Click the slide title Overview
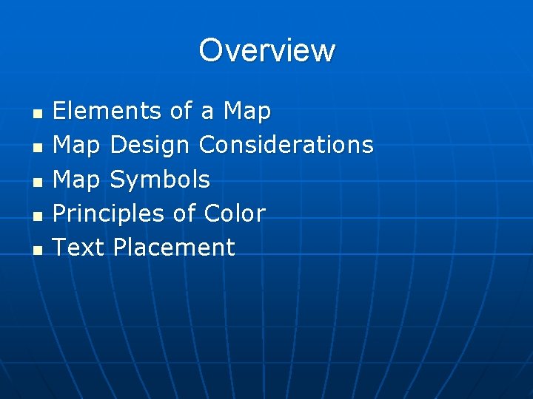tap(266, 50)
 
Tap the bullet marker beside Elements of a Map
tap(38, 113)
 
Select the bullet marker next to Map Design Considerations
tap(38, 147)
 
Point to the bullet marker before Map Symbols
tap(38, 181)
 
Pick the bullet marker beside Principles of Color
tap(38, 215)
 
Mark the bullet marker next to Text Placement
tap(38, 249)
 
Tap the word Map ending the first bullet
tap(247, 112)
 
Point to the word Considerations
tap(286, 145)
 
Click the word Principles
tap(108, 214)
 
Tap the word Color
tap(234, 214)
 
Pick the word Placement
tap(173, 247)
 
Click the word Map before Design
tap(77, 146)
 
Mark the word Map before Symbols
tap(77, 180)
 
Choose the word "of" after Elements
tap(181, 111)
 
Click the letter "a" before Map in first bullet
tap(208, 112)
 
